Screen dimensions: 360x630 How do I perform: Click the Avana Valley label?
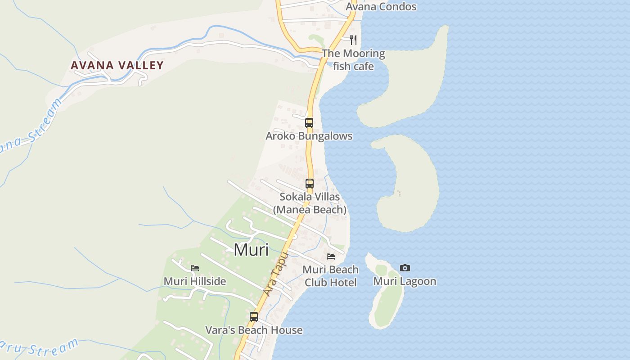(x=117, y=65)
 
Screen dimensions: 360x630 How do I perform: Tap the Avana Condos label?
(x=381, y=7)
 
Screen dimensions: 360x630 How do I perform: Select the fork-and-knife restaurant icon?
(x=353, y=40)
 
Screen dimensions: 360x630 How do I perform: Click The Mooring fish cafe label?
(x=353, y=60)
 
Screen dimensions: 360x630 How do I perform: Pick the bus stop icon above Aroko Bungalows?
(x=309, y=122)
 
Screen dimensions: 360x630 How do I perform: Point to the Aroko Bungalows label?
(x=309, y=136)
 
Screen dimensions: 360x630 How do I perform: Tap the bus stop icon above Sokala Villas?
(x=310, y=184)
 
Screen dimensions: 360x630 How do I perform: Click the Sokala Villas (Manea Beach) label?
(x=310, y=203)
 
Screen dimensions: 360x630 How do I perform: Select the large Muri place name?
(x=251, y=249)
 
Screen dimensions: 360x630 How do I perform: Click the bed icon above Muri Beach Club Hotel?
(x=331, y=256)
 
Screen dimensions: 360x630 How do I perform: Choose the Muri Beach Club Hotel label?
(x=330, y=276)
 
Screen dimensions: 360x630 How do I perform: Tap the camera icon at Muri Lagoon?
(x=405, y=268)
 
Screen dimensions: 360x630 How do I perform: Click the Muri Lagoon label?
(x=405, y=281)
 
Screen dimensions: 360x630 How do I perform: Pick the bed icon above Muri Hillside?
(x=195, y=268)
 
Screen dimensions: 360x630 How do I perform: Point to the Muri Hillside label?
(x=195, y=281)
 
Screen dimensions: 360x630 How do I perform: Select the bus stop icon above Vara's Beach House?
(x=254, y=317)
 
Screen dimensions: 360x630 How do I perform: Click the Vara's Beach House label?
(x=254, y=330)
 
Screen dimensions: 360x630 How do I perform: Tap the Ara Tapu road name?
(x=275, y=274)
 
